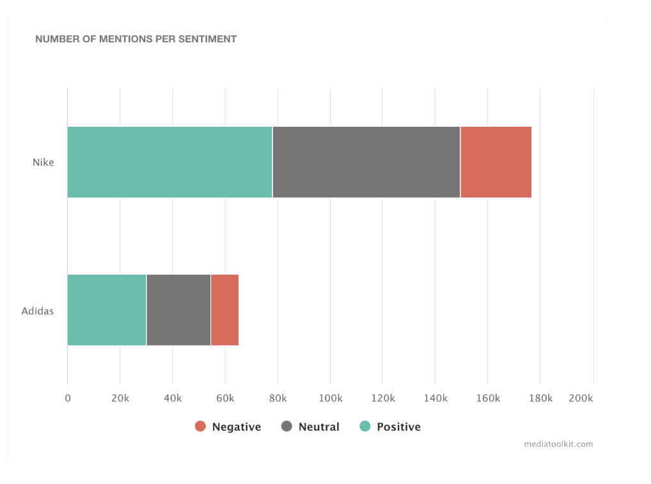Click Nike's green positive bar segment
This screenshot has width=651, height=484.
click(169, 162)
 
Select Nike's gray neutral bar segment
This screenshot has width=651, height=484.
click(366, 162)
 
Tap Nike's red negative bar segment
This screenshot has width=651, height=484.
click(496, 162)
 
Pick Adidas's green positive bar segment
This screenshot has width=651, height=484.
click(107, 310)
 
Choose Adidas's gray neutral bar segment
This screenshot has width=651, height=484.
click(178, 310)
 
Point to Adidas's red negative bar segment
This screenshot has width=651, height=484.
click(224, 310)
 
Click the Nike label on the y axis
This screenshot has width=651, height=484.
click(43, 163)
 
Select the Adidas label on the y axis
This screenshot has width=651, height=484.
click(38, 312)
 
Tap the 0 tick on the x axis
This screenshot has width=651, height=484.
click(68, 398)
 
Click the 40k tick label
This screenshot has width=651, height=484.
click(173, 398)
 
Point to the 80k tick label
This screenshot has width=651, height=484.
click(278, 398)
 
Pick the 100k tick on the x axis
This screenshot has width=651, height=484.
click(331, 398)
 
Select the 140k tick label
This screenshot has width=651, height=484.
click(435, 398)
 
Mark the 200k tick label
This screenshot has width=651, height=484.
click(581, 398)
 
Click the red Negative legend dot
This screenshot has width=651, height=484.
click(200, 426)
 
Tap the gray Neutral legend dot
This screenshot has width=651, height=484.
click(286, 426)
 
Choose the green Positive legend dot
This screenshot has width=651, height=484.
click(365, 426)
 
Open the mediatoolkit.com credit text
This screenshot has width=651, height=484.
click(558, 444)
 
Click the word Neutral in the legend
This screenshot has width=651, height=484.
click(318, 427)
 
